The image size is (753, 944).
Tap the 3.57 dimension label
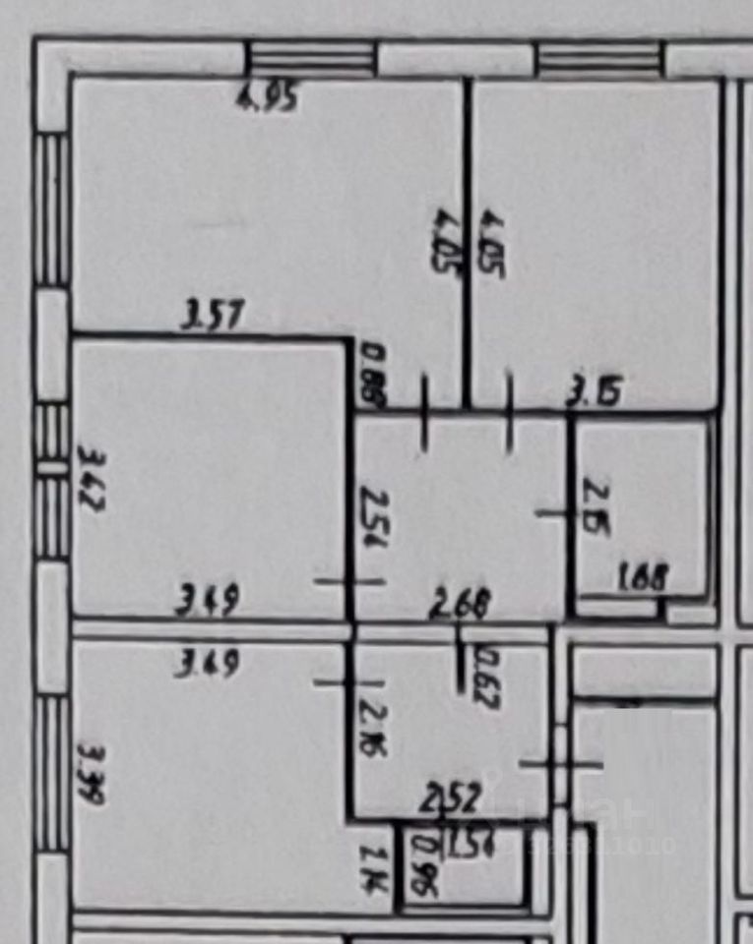click(x=214, y=318)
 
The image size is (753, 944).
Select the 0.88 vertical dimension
click(x=373, y=376)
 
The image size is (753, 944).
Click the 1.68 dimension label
click(x=644, y=577)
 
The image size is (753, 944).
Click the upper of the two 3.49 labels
click(x=207, y=601)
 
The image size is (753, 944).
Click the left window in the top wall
click(x=310, y=59)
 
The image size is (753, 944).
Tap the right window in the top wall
click(x=600, y=59)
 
